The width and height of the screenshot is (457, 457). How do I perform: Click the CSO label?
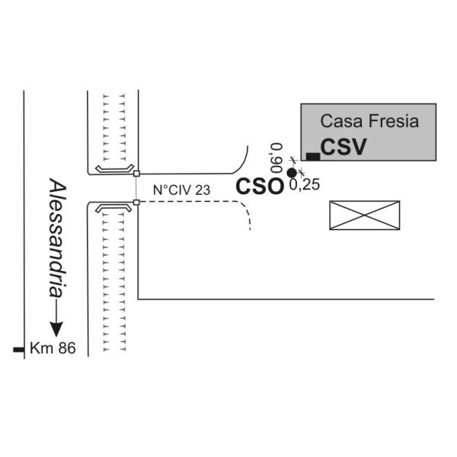[x=260, y=187]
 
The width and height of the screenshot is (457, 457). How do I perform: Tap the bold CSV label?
[x=344, y=146]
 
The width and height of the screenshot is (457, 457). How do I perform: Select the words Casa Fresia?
[x=369, y=121]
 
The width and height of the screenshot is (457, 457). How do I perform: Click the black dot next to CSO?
[x=292, y=173]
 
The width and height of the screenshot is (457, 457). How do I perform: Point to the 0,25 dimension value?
[x=305, y=184]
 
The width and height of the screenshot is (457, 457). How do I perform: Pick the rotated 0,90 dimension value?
[x=276, y=158]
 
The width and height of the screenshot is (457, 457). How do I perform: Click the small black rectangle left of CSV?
[x=313, y=156]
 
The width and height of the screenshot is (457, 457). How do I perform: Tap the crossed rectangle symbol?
[x=364, y=216]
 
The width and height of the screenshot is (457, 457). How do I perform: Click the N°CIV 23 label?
[x=181, y=190]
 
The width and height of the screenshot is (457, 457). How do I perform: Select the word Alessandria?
[x=57, y=238]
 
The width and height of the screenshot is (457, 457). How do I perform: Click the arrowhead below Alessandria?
[x=56, y=329]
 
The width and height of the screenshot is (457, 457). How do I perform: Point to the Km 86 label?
[x=53, y=348]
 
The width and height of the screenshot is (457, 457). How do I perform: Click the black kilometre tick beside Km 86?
[x=18, y=350]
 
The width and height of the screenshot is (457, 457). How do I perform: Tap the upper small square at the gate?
[x=136, y=174]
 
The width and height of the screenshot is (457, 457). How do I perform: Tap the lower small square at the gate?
[x=136, y=203]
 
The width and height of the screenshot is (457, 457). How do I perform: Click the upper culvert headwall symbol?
[x=114, y=168]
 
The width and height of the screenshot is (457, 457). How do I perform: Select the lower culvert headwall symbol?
[x=113, y=207]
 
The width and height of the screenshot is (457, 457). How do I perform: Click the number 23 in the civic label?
[x=203, y=190]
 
